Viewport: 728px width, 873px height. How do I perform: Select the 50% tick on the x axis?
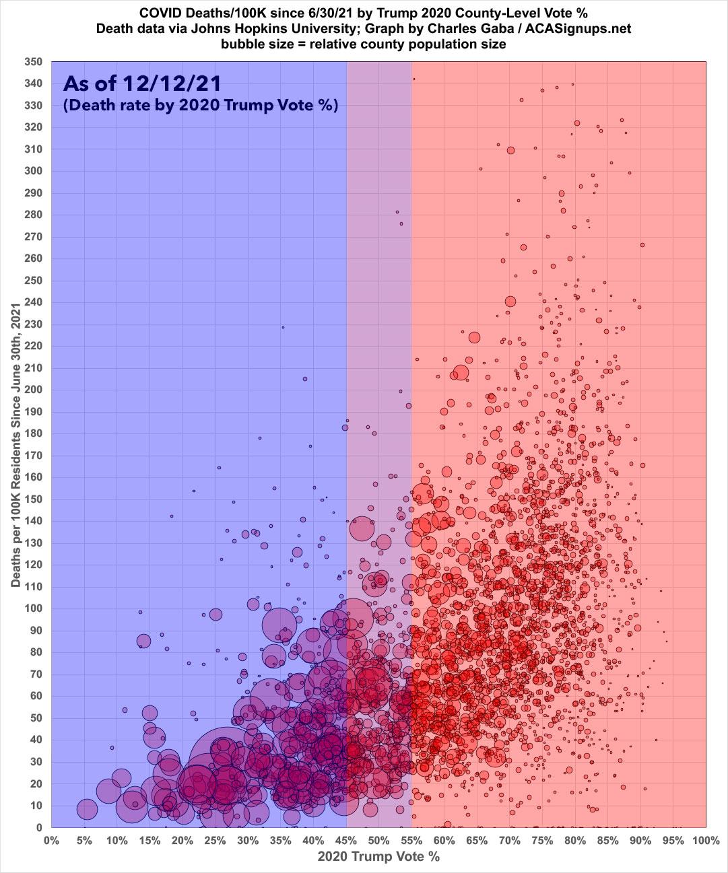point(378,840)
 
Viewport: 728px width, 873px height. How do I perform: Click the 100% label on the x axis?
point(705,840)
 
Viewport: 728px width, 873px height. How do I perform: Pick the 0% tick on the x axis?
point(51,840)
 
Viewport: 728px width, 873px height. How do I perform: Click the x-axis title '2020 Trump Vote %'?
point(378,857)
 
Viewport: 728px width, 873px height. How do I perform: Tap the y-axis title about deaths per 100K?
point(15,444)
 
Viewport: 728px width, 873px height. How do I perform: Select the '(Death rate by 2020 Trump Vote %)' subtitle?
point(200,106)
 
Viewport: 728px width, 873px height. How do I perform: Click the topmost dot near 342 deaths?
point(413,79)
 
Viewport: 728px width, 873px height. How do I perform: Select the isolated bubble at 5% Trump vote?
point(86,808)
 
